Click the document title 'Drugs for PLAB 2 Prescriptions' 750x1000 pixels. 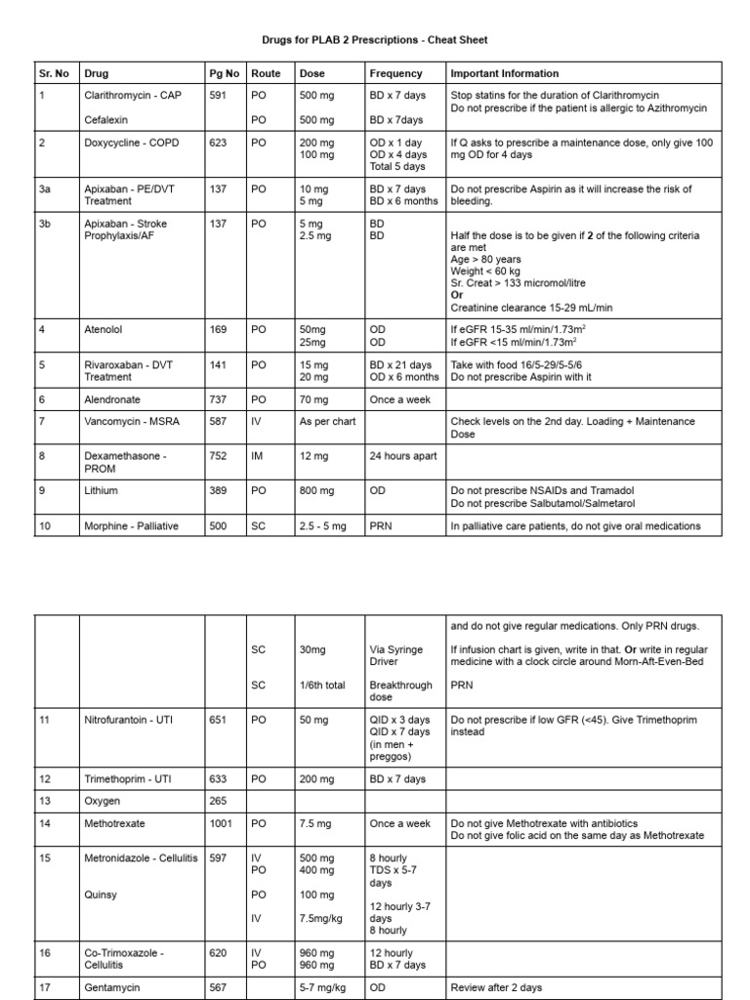(375, 40)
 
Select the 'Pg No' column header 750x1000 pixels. (224, 73)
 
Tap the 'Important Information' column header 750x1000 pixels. (505, 73)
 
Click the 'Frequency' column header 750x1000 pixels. (396, 73)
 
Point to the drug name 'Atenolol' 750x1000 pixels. (104, 330)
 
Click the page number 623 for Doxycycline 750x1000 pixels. (218, 143)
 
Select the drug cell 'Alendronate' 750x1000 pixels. (112, 399)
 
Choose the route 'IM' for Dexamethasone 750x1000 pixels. (258, 456)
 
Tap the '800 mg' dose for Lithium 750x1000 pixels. (316, 490)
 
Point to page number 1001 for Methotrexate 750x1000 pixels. (221, 823)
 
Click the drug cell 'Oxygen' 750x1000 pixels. (103, 801)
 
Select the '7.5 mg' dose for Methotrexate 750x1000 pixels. (316, 823)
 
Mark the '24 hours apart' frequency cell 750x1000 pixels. (403, 456)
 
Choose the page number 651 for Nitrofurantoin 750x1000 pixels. (218, 719)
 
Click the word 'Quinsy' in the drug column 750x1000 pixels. (101, 894)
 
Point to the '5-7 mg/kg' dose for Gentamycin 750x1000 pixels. (323, 987)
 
